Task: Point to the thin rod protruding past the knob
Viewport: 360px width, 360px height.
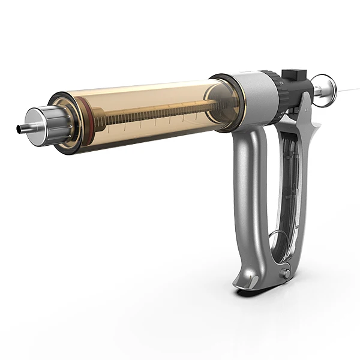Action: point(348,90)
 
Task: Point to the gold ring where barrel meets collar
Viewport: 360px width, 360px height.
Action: point(237,102)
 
